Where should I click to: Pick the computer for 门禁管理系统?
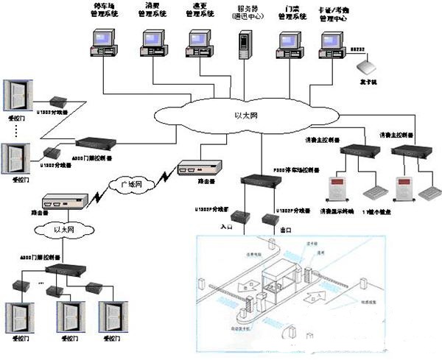pos(289,46)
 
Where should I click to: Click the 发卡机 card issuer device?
pos(366,67)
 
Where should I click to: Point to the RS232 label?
pos(358,49)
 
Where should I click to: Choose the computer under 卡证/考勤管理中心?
pos(329,46)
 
